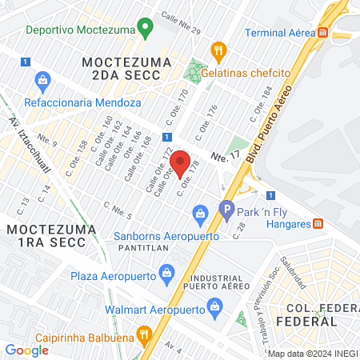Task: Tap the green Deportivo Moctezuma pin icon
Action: point(145,30)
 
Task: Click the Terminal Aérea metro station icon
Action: point(322,33)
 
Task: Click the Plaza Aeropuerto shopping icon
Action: point(166,274)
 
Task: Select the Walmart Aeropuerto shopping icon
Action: point(214,306)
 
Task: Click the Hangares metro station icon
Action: point(318,223)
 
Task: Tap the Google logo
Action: point(26,350)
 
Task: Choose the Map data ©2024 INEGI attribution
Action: point(312,354)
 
